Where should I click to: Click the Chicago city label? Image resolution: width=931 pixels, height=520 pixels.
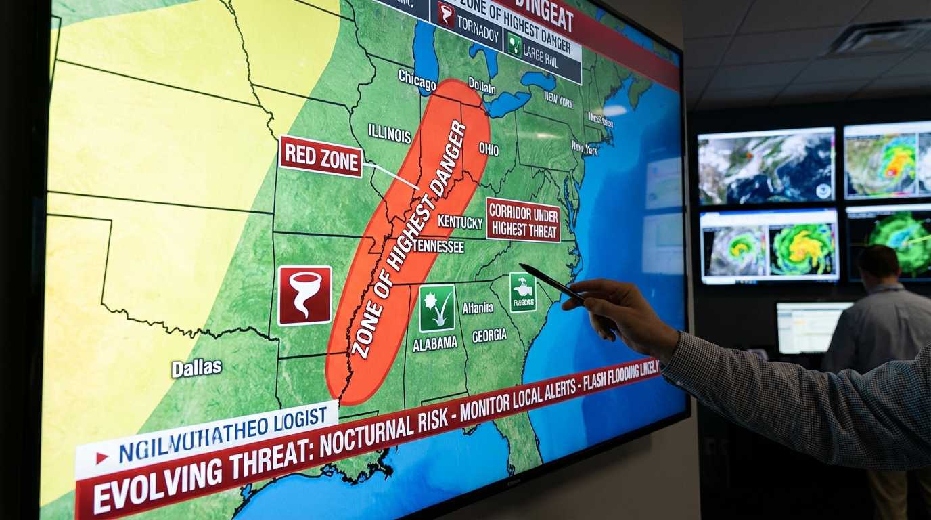tap(416, 79)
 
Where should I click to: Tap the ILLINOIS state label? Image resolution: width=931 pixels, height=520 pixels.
tap(389, 133)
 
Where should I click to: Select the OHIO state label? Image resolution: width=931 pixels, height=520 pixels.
tap(489, 148)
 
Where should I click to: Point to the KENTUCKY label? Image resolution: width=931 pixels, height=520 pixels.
tap(460, 221)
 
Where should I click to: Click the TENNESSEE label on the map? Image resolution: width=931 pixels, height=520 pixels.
tap(438, 246)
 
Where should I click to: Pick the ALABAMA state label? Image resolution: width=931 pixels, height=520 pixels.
tap(435, 343)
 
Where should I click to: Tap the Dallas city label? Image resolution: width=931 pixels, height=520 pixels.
tap(196, 368)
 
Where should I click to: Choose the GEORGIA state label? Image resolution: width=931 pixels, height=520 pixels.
tap(489, 335)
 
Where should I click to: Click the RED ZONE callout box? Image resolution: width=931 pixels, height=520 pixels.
tap(320, 156)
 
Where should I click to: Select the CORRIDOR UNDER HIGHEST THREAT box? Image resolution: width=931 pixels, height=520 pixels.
tap(523, 220)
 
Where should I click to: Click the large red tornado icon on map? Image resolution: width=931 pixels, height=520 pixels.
tap(304, 295)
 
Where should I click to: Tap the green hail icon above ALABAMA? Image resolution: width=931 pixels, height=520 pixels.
tap(436, 308)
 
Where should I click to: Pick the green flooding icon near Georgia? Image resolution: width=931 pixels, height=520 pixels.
tap(522, 292)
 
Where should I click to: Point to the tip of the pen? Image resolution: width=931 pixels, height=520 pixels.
tap(522, 266)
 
